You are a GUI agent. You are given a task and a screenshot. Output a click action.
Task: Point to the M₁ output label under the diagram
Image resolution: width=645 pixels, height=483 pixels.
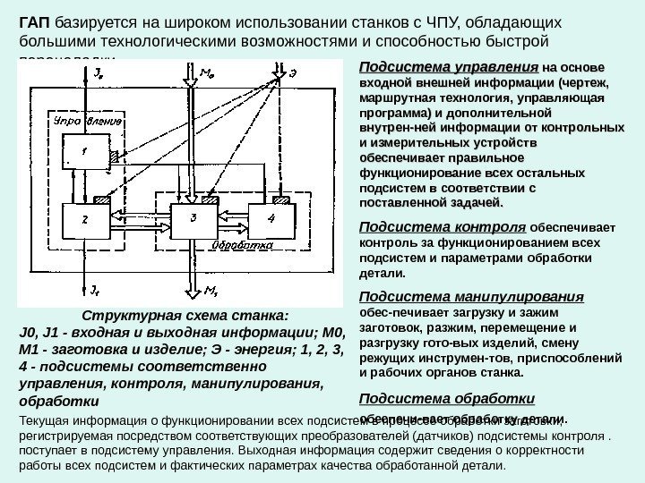(x=211, y=289)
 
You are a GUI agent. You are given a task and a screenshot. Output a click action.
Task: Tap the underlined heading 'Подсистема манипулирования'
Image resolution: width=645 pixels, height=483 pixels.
(x=470, y=297)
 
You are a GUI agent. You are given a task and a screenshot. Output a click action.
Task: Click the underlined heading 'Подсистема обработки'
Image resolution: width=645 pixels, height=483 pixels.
(x=446, y=399)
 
